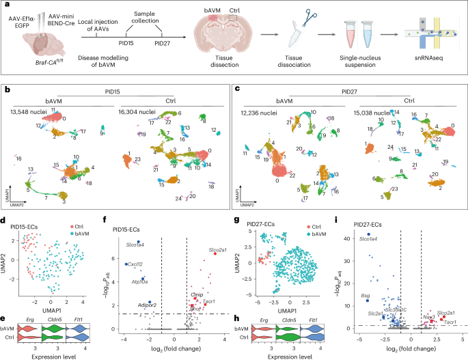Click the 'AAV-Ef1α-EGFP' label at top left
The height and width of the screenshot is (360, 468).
20,20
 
